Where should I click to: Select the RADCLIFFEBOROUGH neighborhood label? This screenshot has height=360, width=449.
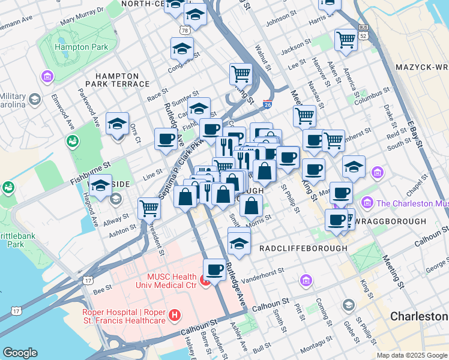[303, 248]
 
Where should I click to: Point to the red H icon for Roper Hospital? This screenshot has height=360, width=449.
[175, 314]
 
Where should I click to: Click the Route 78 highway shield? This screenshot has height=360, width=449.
[184, 30]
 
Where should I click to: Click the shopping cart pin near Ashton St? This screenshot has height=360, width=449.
[149, 208]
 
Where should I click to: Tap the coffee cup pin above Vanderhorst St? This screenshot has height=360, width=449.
[214, 269]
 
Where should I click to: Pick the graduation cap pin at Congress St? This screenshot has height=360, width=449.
[182, 49]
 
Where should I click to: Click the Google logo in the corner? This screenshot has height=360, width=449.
[20, 352]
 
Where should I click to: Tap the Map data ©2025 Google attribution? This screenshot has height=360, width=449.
[412, 355]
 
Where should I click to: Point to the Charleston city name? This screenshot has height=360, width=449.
[418, 316]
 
